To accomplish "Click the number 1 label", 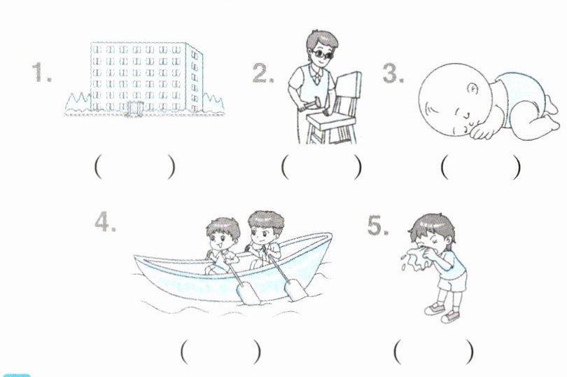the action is pyautogui.click(x=41, y=72).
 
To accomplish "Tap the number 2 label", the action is pyautogui.click(x=263, y=73).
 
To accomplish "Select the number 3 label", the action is pyautogui.click(x=393, y=73).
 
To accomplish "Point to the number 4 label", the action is pyautogui.click(x=105, y=221).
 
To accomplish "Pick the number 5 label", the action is pyautogui.click(x=378, y=225).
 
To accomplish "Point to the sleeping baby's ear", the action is pyautogui.click(x=472, y=88).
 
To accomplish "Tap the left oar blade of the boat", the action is pyautogui.click(x=248, y=292).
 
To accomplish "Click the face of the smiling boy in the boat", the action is pyautogui.click(x=220, y=240).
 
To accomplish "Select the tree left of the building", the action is pyautogui.click(x=78, y=102).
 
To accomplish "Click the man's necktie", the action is pyautogui.click(x=316, y=77).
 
